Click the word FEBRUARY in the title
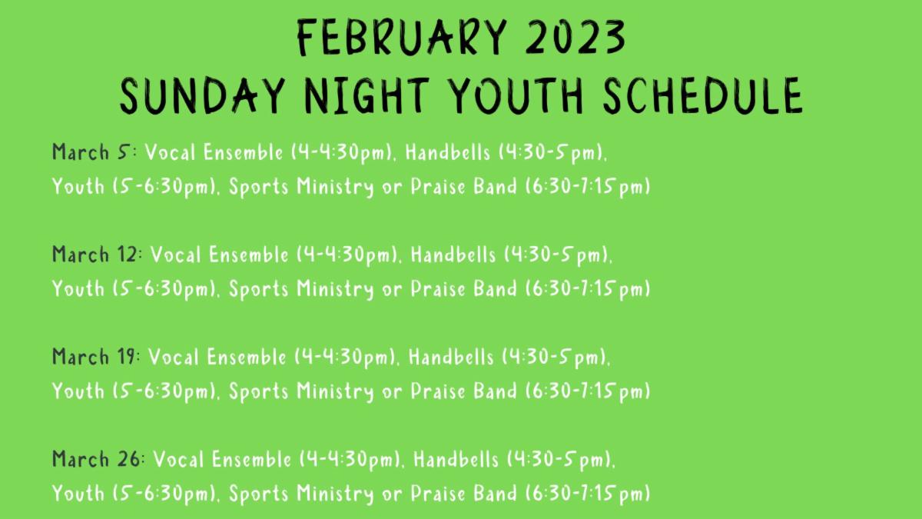[402, 37]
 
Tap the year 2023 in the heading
[575, 37]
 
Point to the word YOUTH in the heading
[516, 95]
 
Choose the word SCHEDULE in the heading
[703, 95]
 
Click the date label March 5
[91, 151]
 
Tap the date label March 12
[95, 254]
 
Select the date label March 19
[94, 356]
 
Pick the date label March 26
[96, 458]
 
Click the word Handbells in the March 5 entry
[448, 151]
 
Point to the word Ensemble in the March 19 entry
[246, 356]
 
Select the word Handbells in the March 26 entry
[456, 458]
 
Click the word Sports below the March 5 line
[258, 187]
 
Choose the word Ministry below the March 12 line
[335, 289]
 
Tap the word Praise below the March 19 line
[438, 391]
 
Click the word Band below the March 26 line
[495, 493]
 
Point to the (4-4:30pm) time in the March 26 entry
[350, 459]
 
